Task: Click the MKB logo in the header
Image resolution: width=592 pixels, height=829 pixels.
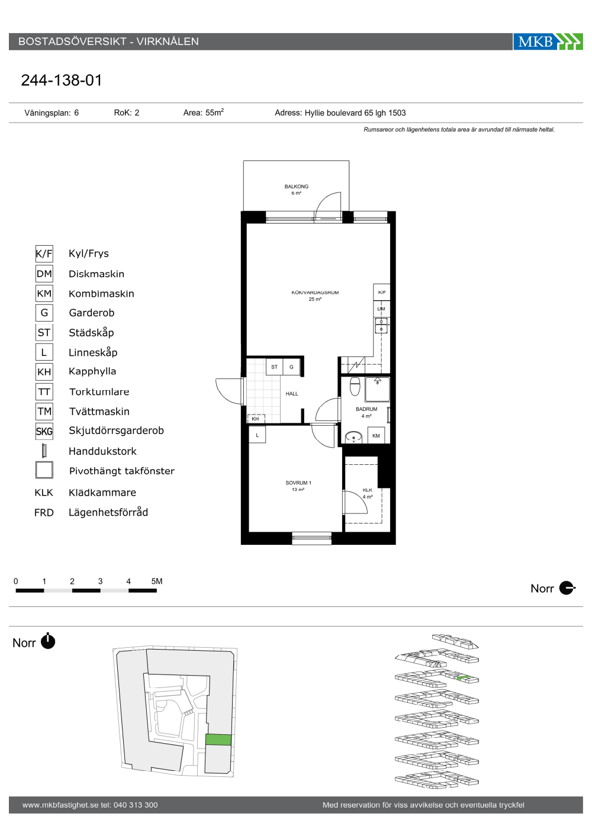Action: (x=548, y=41)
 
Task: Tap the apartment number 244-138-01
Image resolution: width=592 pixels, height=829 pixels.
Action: (x=62, y=81)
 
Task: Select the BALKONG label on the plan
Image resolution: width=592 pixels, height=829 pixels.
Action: (x=297, y=187)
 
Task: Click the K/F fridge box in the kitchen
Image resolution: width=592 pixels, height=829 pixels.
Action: (x=381, y=292)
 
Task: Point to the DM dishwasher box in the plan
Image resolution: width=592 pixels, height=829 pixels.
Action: (x=381, y=309)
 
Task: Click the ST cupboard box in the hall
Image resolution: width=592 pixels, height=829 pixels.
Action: (x=274, y=367)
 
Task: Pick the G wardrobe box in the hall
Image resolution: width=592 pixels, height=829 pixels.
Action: (x=291, y=367)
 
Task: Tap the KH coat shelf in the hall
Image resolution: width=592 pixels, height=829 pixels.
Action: (x=256, y=419)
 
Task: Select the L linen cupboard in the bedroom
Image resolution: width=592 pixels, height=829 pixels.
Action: (x=257, y=435)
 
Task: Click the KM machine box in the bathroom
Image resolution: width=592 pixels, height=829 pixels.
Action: (x=376, y=435)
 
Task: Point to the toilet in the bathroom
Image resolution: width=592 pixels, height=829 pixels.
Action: (x=355, y=386)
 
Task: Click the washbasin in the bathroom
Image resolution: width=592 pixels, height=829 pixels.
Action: (x=354, y=437)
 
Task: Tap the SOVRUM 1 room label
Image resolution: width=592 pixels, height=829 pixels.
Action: (x=298, y=483)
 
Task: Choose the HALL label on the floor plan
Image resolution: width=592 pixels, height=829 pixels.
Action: (x=291, y=394)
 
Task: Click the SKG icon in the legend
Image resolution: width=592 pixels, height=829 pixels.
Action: (x=44, y=431)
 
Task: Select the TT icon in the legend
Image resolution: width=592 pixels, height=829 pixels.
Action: (x=44, y=391)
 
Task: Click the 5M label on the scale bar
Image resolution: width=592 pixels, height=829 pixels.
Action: (x=156, y=581)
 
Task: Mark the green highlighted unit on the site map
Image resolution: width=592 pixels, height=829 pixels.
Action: (x=218, y=740)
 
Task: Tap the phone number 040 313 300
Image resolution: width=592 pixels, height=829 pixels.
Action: (x=136, y=805)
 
